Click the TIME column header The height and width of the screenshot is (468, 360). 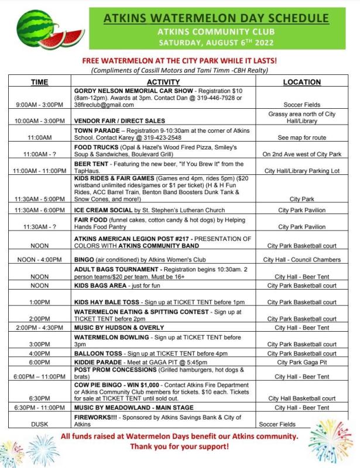(39, 82)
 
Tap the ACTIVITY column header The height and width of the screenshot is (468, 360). (163, 82)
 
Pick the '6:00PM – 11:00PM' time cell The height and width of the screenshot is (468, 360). (39, 377)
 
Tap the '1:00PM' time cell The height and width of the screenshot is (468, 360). (39, 302)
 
